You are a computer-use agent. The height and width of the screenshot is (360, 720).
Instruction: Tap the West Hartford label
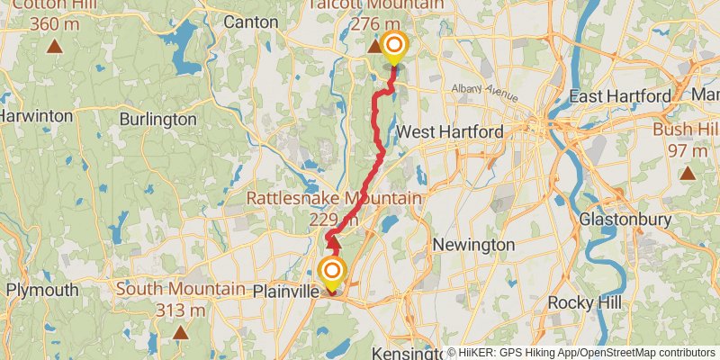click(x=450, y=132)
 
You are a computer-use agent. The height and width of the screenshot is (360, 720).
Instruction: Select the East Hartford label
click(x=620, y=96)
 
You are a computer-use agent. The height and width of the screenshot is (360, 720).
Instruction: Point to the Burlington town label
click(x=157, y=119)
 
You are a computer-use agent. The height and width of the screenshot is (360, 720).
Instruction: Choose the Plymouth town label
click(x=42, y=291)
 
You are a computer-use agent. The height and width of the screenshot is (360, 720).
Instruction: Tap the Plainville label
click(x=285, y=292)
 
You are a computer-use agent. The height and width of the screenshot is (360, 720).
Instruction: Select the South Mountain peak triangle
click(x=181, y=332)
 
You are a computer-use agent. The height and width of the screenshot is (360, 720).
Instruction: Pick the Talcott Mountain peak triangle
click(x=373, y=45)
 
